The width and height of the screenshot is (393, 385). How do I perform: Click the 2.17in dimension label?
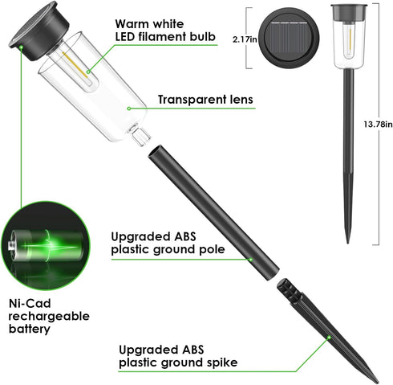click(x=245, y=39)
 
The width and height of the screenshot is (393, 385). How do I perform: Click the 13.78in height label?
click(x=378, y=125)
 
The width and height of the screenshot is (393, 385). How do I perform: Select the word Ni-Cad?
click(x=30, y=304)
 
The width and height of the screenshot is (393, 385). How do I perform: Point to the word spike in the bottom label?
click(x=222, y=362)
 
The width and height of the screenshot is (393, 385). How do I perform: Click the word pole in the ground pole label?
click(x=212, y=250)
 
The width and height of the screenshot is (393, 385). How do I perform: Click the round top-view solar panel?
click(x=289, y=38)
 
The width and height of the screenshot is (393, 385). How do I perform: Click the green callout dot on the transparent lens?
click(x=129, y=109)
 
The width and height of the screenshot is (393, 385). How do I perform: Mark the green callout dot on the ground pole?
click(x=250, y=260)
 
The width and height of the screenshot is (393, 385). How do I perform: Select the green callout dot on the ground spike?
click(x=329, y=338)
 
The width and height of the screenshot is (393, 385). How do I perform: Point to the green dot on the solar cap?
click(x=21, y=47)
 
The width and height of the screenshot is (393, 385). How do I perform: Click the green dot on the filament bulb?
click(x=88, y=72)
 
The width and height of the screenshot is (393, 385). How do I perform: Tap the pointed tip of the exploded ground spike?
click(x=378, y=382)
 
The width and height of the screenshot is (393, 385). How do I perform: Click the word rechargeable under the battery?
click(x=49, y=317)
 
